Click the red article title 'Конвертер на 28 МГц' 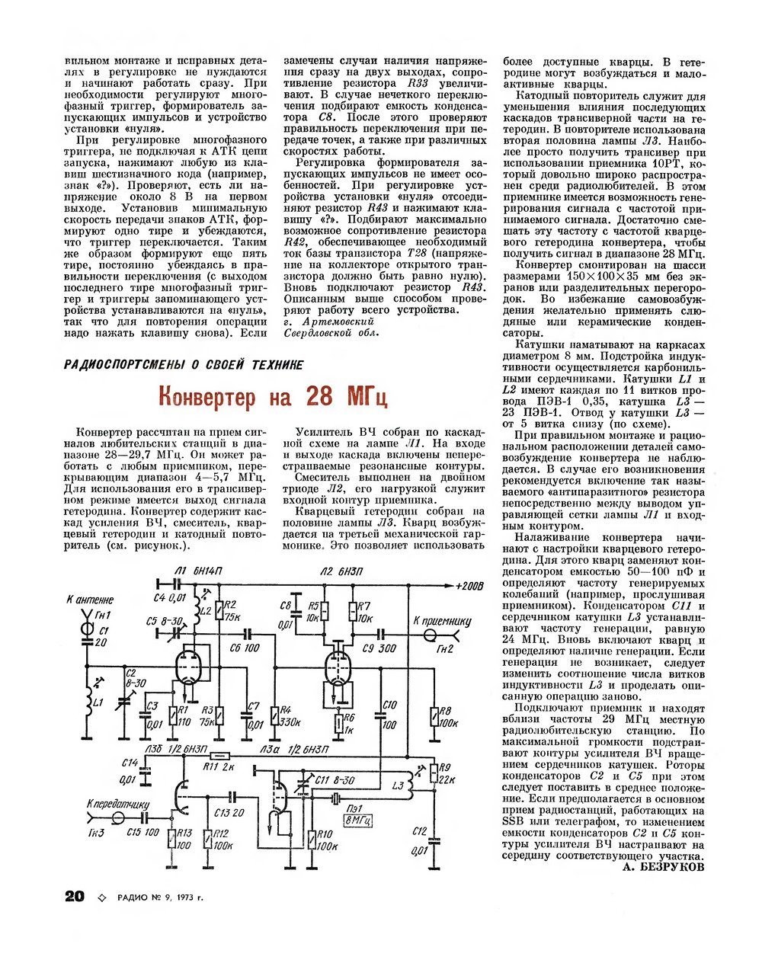pos(273,397)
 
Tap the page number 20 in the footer pos(75,896)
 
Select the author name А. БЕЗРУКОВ pos(663,867)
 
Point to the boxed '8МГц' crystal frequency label pos(357,821)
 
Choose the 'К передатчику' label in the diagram pos(118,805)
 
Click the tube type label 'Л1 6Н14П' pos(197,571)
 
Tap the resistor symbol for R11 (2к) pos(220,756)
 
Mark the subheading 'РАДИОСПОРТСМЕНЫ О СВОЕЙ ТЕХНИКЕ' pos(184,365)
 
